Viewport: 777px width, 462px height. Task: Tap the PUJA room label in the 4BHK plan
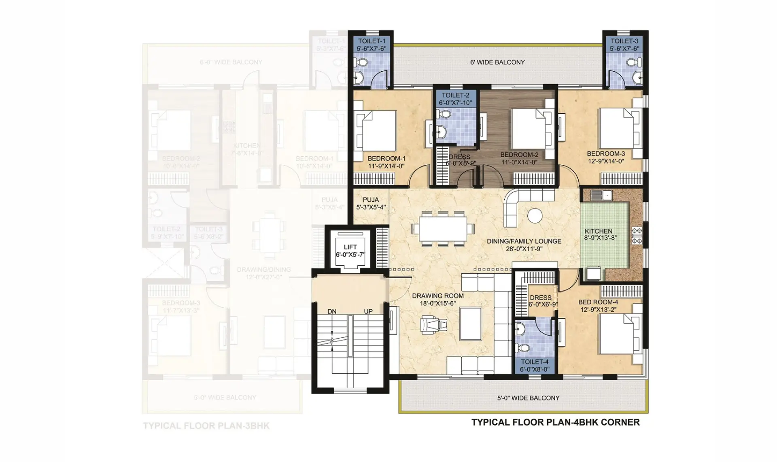[371, 203]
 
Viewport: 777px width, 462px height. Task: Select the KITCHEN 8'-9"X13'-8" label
[600, 234]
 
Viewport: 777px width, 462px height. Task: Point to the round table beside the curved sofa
[535, 215]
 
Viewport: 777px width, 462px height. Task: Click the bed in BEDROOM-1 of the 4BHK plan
[376, 130]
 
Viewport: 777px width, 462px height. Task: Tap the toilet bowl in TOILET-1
[362, 63]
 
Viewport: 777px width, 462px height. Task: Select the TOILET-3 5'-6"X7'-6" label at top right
[624, 45]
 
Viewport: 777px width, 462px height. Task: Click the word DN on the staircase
[332, 311]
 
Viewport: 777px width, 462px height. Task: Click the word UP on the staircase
[368, 311]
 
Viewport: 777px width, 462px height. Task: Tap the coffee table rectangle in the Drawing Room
[471, 324]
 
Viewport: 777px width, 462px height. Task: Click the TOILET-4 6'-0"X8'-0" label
[535, 365]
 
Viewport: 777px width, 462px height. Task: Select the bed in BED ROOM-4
[617, 333]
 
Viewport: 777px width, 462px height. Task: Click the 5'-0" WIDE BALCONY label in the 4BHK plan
[528, 398]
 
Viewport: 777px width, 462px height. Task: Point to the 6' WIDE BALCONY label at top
[497, 62]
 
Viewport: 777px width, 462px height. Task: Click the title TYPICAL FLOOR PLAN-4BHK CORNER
[555, 422]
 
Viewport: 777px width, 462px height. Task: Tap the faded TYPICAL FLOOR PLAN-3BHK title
[206, 426]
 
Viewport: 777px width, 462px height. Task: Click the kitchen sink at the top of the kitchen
[602, 196]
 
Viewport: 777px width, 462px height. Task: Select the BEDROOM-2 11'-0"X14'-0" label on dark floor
[519, 158]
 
